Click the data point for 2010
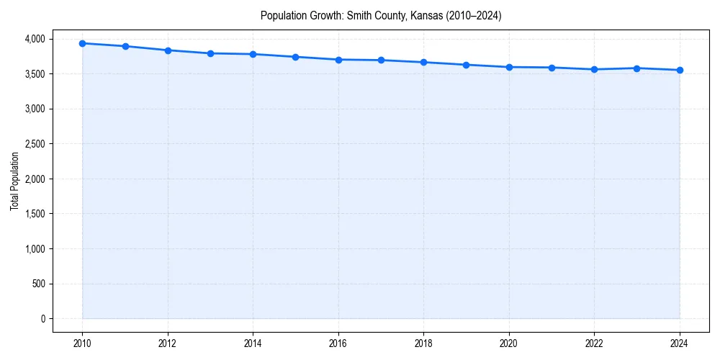click(x=82, y=43)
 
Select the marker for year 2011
click(x=125, y=46)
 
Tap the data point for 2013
click(x=210, y=53)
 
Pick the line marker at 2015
click(x=296, y=57)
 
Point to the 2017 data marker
click(x=381, y=60)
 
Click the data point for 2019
click(x=467, y=65)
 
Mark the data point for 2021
click(x=552, y=68)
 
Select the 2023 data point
click(x=637, y=68)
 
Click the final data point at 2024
click(x=680, y=70)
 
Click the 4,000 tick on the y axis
click(x=33, y=39)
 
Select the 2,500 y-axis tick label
click(x=33, y=144)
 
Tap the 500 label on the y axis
click(x=37, y=284)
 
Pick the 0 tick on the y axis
click(x=42, y=319)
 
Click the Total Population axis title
click(x=14, y=181)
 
